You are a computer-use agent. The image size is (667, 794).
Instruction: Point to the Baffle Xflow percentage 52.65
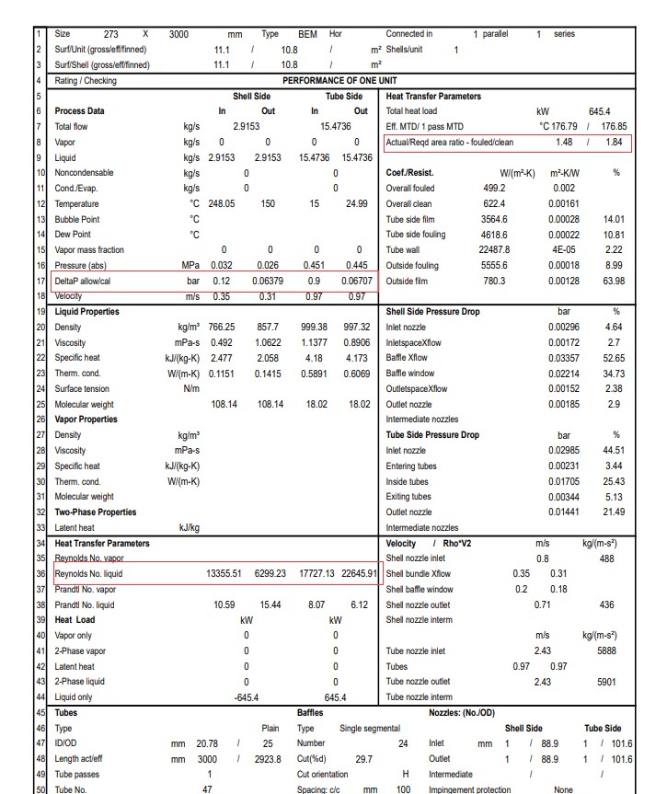coord(613,359)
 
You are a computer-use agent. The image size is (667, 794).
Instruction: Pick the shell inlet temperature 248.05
coord(222,204)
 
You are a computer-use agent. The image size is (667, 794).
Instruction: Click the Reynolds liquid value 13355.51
coord(224,574)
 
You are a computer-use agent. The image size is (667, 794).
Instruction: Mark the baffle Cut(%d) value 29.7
coord(363,759)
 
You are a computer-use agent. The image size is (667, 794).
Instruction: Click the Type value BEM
coord(307,34)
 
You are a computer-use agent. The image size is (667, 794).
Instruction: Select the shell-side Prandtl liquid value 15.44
coord(270,605)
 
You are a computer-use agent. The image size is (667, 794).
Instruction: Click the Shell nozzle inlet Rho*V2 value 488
coord(607,558)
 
